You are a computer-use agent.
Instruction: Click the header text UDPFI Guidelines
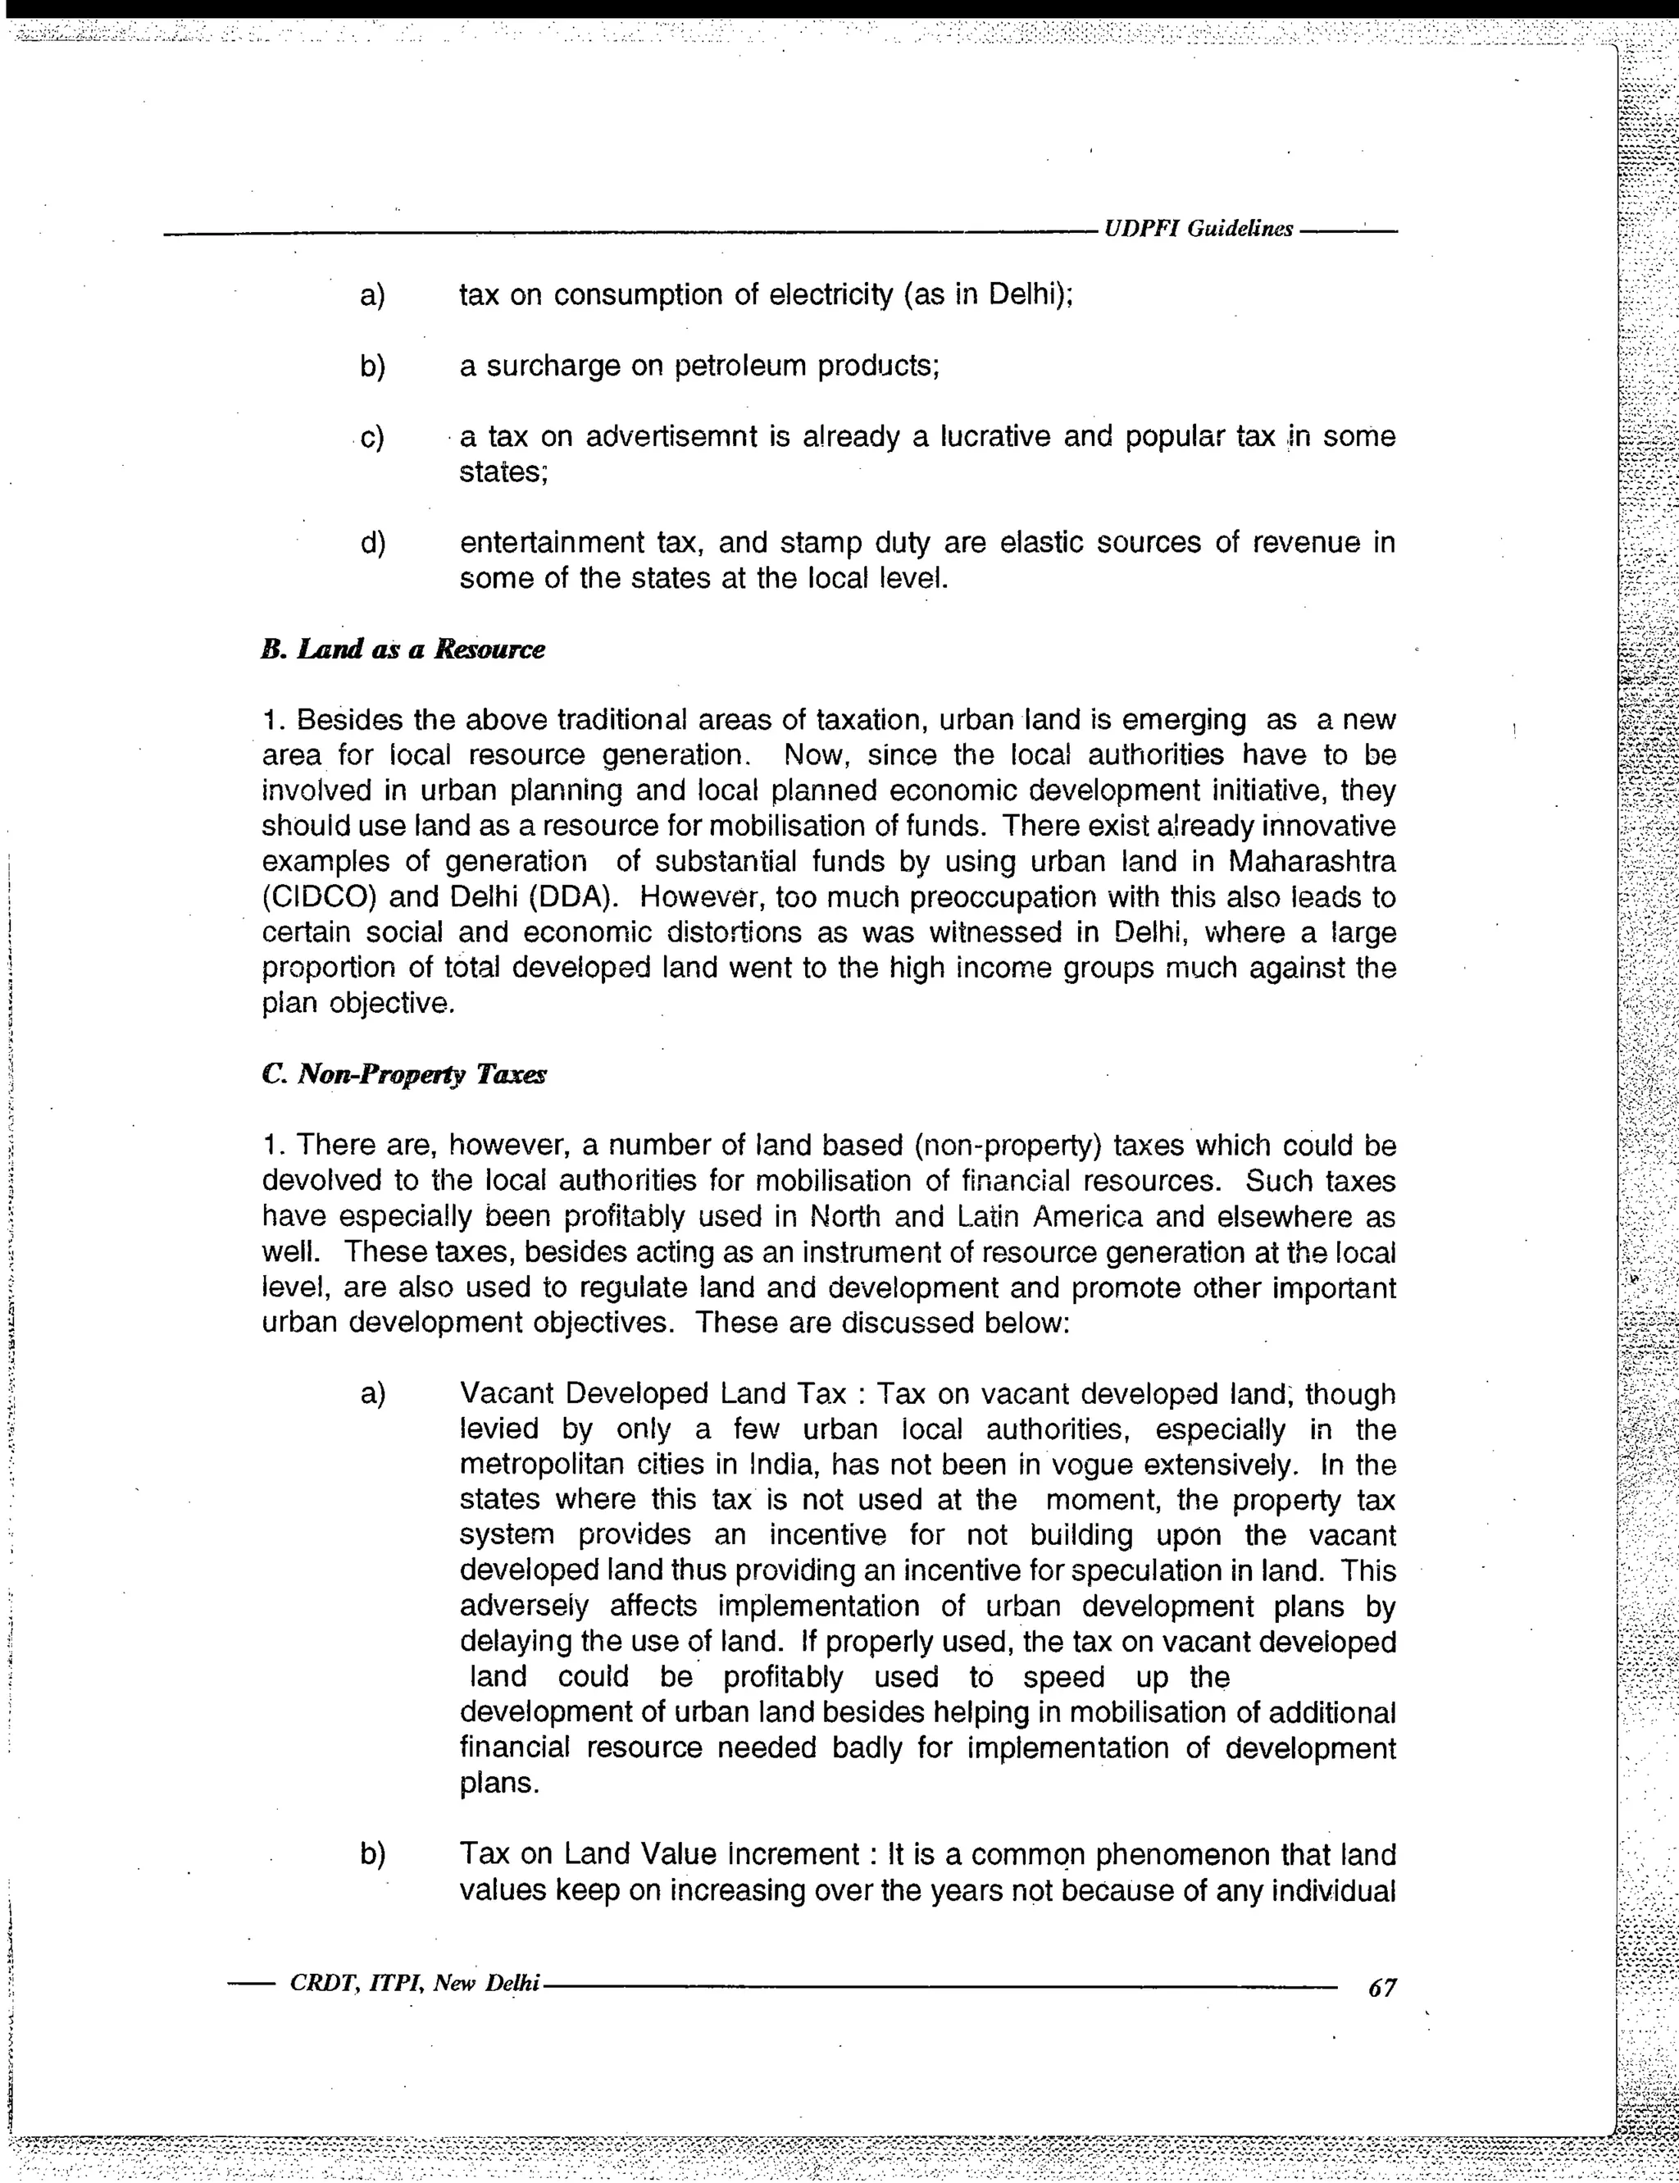pos(1197,229)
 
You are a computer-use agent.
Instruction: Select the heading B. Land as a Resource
pos(403,649)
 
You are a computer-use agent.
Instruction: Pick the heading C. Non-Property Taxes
pos(403,1074)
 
